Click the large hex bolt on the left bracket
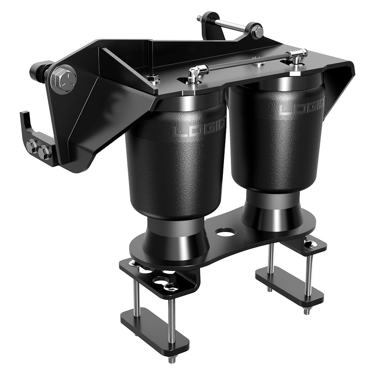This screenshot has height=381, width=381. tap(63, 78)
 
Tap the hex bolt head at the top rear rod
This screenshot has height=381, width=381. tap(257, 32)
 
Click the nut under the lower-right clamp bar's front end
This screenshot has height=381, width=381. tap(307, 311)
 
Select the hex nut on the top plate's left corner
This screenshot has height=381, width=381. tap(154, 79)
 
